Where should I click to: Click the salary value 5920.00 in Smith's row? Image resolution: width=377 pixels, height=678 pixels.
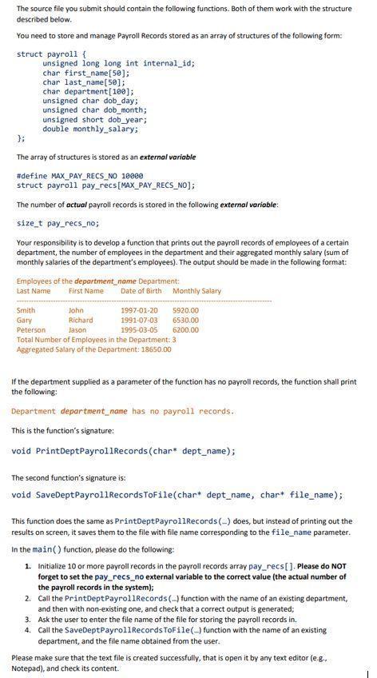pyautogui.click(x=185, y=310)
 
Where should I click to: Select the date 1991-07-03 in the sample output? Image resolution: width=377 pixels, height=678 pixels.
pyautogui.click(x=139, y=320)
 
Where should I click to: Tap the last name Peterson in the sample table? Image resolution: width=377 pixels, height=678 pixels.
pyautogui.click(x=31, y=329)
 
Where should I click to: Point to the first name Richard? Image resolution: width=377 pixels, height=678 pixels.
pyautogui.click(x=81, y=320)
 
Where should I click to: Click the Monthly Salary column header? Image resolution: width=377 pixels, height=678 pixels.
pyautogui.click(x=196, y=291)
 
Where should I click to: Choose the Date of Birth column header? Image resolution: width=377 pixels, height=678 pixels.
pyautogui.click(x=143, y=291)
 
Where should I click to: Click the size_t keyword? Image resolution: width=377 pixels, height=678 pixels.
pyautogui.click(x=29, y=224)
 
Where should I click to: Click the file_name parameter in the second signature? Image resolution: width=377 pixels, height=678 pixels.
pyautogui.click(x=316, y=494)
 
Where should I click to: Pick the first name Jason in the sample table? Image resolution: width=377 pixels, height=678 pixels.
pyautogui.click(x=77, y=329)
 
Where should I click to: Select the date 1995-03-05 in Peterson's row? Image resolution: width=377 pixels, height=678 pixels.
pyautogui.click(x=139, y=329)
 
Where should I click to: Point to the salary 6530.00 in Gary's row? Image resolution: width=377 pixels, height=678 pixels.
pyautogui.click(x=185, y=320)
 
